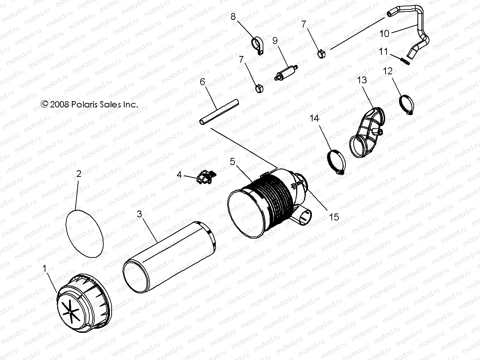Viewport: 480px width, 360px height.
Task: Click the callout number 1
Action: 44,268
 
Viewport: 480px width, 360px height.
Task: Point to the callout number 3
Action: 139,214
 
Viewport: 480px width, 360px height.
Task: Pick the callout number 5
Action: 233,162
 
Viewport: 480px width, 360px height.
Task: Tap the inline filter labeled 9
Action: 285,72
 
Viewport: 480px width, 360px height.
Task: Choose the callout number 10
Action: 384,34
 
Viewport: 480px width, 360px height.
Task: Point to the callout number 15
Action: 334,217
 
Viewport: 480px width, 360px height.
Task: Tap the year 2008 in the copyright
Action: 60,104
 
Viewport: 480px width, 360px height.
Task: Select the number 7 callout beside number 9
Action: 303,24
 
